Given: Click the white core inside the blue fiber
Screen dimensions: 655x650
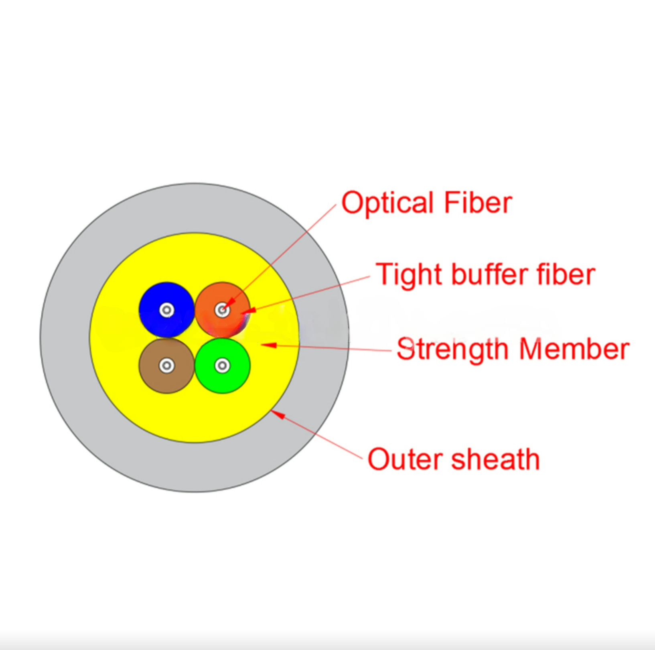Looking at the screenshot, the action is point(167,310).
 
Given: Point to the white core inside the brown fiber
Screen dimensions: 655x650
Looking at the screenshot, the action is point(167,366).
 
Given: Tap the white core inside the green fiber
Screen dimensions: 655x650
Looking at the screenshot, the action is point(222,366).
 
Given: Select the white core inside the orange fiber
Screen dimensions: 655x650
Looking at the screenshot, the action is point(222,310).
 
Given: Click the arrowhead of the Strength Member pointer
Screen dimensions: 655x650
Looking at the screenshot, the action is point(269,345).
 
